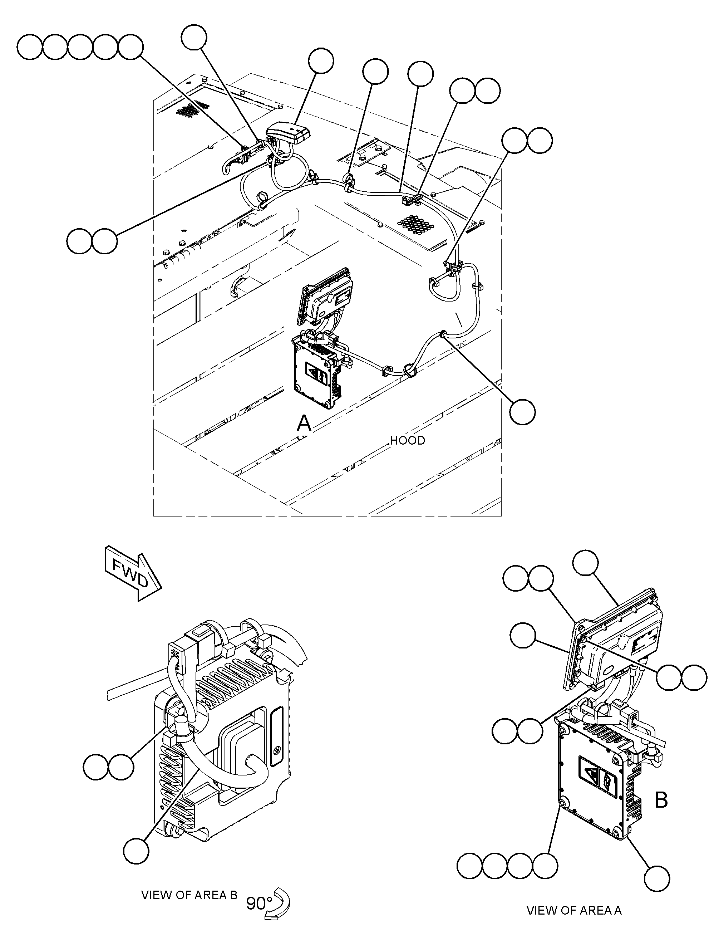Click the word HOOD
point(407,441)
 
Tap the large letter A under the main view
point(304,423)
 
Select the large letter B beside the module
point(661,800)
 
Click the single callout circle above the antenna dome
point(321,61)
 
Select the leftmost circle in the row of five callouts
point(30,47)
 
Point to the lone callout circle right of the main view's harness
point(522,412)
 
